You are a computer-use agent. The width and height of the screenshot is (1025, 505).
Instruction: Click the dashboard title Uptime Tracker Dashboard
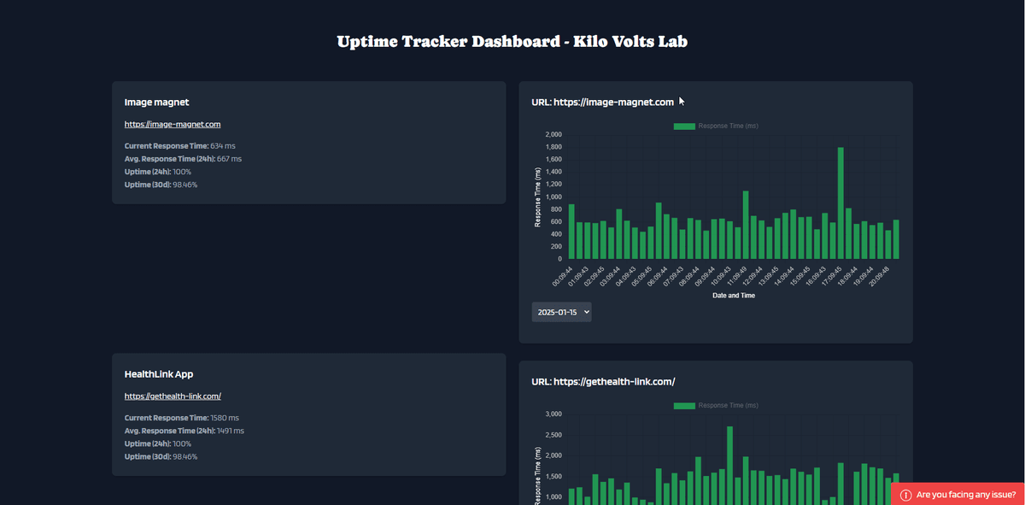tap(512, 42)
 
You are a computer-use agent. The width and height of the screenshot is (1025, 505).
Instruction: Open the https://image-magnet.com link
tap(173, 125)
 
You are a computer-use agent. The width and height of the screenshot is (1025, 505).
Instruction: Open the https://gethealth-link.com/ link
tap(173, 396)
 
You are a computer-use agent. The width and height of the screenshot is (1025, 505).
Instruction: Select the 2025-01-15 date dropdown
tap(561, 313)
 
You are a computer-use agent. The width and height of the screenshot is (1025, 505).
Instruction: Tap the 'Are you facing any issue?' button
tap(958, 495)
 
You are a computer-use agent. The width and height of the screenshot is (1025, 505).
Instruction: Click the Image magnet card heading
tap(157, 103)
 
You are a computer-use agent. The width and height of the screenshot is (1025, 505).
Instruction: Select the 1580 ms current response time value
tap(225, 418)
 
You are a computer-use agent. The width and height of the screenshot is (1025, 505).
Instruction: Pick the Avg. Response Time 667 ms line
tap(183, 159)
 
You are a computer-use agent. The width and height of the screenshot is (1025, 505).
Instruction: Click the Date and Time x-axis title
tap(733, 296)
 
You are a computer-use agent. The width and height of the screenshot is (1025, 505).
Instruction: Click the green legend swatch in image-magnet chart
tap(684, 126)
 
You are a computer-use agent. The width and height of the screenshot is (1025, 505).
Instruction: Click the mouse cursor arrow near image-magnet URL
tap(682, 102)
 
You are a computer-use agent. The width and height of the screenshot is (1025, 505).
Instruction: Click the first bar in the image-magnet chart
tap(571, 232)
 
